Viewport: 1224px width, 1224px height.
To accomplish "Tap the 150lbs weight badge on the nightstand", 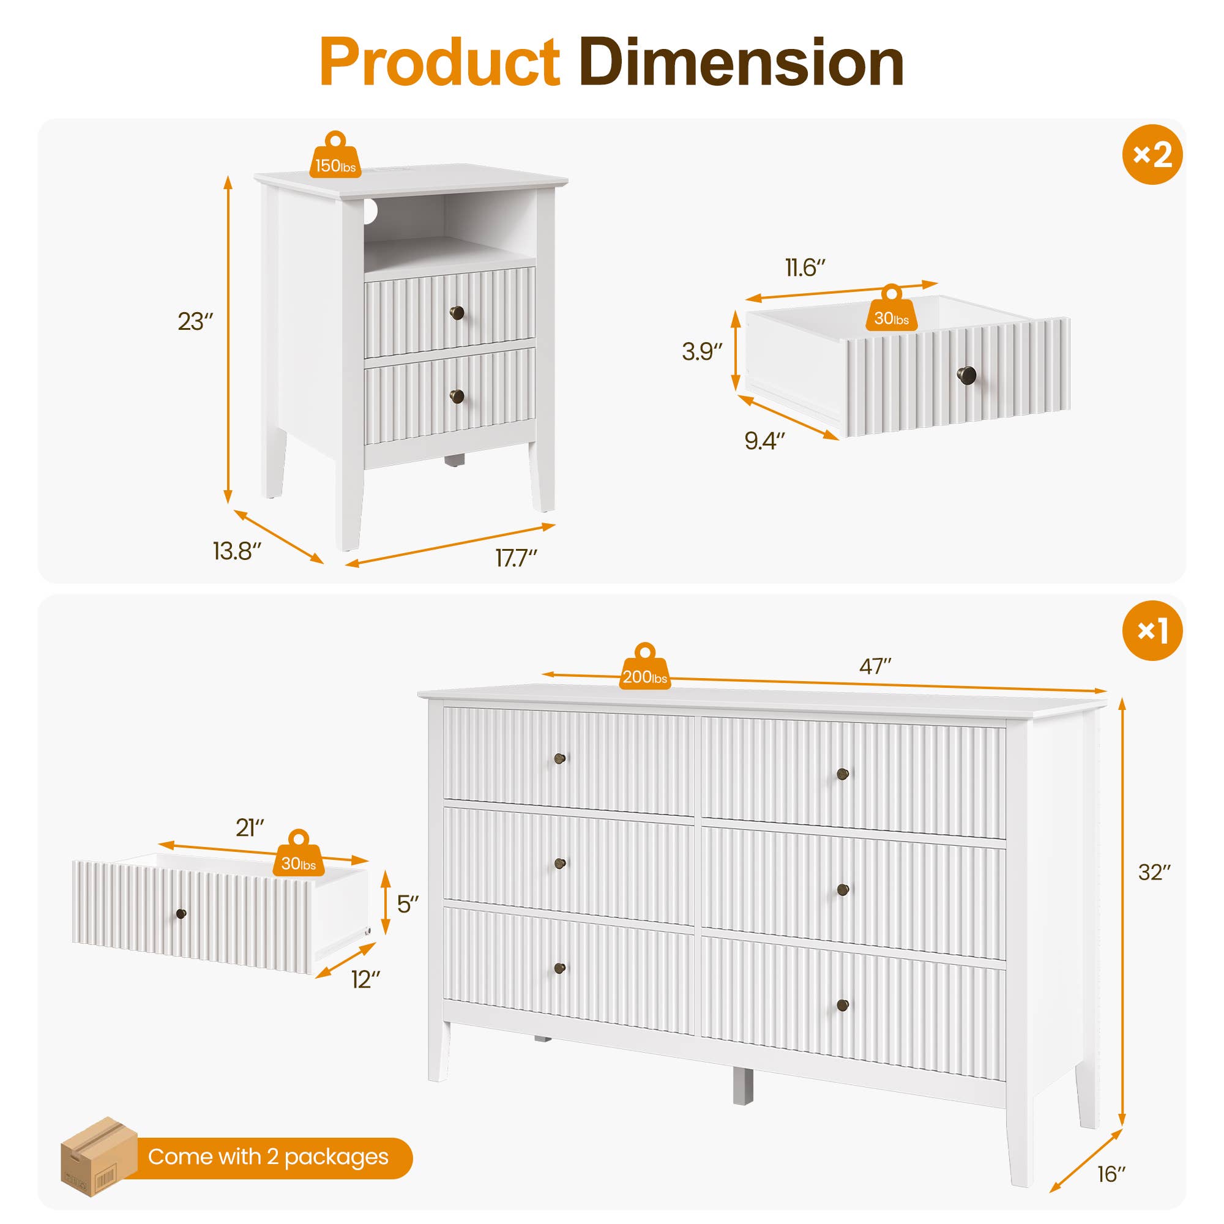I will click(x=335, y=163).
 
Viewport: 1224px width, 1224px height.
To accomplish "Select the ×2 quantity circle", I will click(x=1152, y=154).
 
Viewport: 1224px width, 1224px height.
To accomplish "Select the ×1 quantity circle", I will click(x=1152, y=630).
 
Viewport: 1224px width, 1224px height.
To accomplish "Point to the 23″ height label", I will click(x=195, y=322).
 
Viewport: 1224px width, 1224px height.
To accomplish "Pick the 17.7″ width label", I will click(x=516, y=558).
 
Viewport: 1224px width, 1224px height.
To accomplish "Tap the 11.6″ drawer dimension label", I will click(x=805, y=268).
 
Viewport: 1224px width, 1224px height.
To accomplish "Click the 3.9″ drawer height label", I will click(x=702, y=352).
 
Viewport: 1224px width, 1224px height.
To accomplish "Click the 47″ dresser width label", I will click(x=875, y=666).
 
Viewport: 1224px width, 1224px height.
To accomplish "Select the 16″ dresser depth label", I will click(x=1111, y=1174).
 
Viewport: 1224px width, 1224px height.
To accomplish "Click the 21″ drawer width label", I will click(x=250, y=828).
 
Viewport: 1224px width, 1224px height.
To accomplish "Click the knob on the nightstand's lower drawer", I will click(x=457, y=397).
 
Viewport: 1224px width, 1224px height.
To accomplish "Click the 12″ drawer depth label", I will click(x=366, y=980).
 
